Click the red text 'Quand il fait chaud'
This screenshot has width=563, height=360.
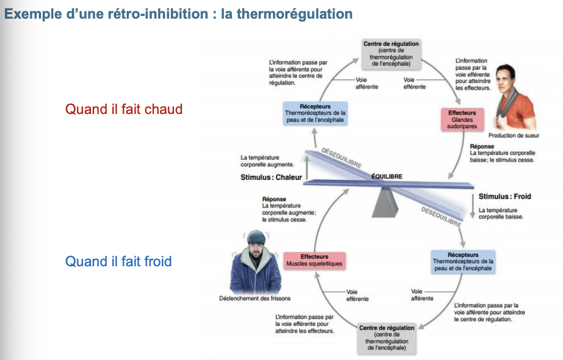tap(123, 109)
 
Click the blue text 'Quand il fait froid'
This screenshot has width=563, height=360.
tap(118, 261)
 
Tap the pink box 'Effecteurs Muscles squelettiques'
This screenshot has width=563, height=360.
tap(314, 260)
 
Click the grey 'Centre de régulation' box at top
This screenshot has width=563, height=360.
tap(391, 54)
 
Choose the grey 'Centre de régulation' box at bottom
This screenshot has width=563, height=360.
tap(387, 338)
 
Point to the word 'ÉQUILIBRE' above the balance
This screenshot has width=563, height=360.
tap(386, 176)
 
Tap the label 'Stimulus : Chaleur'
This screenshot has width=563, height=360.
tap(271, 177)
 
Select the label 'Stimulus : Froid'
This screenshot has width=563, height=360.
tap(504, 197)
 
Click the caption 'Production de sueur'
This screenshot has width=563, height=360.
tap(514, 136)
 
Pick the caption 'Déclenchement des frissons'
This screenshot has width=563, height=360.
tap(255, 298)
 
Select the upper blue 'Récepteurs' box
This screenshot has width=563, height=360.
tap(315, 113)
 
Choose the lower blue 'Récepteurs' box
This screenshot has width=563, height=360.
tap(463, 261)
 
